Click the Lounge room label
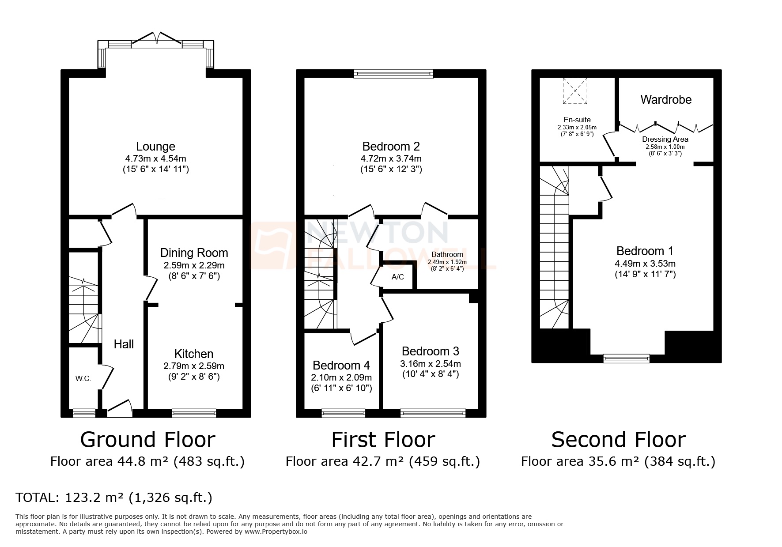tap(155, 147)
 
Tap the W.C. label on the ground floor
tap(83, 378)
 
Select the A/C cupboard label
tap(397, 277)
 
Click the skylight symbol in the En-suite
tap(575, 91)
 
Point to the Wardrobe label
tap(665, 100)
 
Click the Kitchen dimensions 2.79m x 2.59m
tap(193, 366)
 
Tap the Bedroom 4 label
tap(341, 366)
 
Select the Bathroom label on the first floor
tap(447, 254)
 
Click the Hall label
tap(124, 344)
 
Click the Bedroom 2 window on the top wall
tap(393, 74)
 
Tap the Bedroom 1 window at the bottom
tap(626, 358)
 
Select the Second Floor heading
tap(618, 440)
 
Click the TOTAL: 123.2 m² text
tap(114, 498)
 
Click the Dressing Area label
tap(665, 139)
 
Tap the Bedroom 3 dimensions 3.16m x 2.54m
tap(430, 364)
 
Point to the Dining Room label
tap(194, 253)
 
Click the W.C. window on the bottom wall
tap(84, 413)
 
